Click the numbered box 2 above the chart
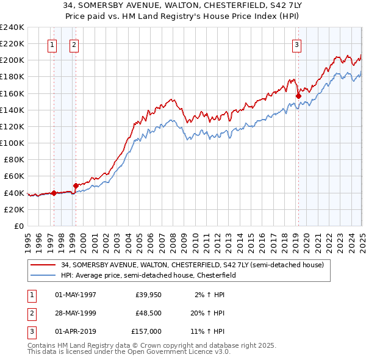[73, 44]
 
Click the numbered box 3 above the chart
[296, 44]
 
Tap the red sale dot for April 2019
[298, 95]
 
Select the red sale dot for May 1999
[76, 185]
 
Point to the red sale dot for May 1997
[54, 193]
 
